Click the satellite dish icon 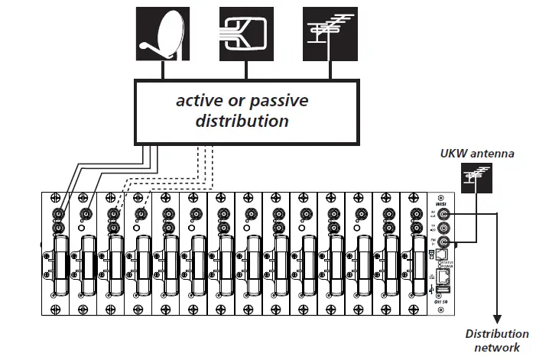point(162,34)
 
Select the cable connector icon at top point(246,34)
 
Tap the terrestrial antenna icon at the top point(330,34)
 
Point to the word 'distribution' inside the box point(242,121)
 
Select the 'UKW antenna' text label point(477,154)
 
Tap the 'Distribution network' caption point(498,340)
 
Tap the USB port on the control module point(444,290)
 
